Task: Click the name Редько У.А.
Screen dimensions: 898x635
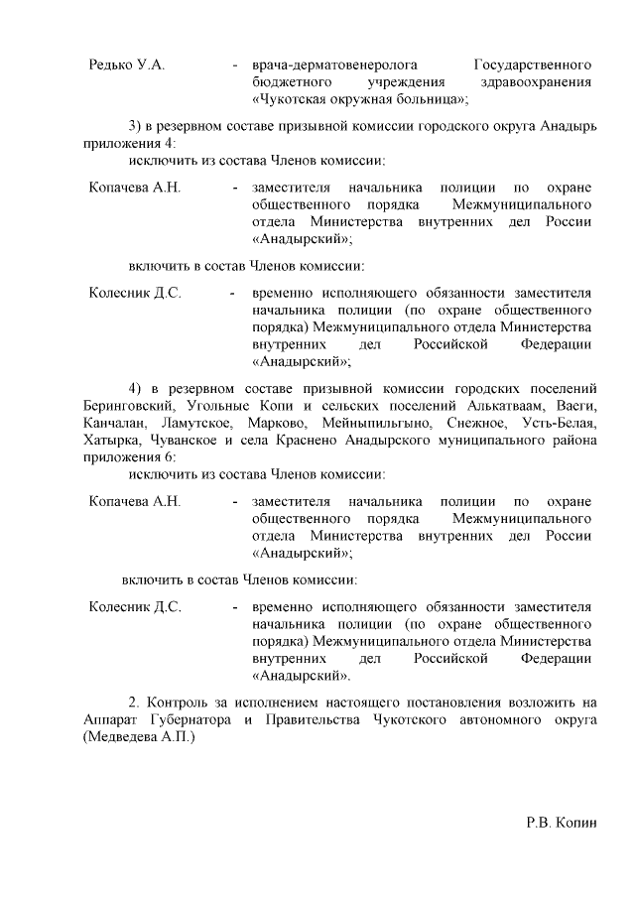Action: (x=126, y=64)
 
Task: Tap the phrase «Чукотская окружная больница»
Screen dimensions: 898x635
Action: (x=359, y=100)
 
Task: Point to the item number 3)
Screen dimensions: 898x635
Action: (x=137, y=125)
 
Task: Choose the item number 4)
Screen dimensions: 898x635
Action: (x=137, y=385)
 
